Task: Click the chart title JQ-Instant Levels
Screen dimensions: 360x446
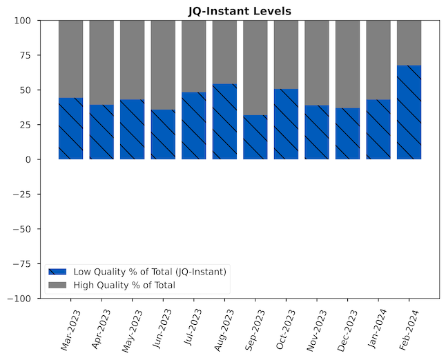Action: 240,11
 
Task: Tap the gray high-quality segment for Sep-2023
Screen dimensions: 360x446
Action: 255,68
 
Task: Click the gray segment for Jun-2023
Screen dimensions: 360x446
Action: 163,65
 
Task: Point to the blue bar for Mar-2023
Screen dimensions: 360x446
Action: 70,128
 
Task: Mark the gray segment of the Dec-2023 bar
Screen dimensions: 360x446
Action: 348,64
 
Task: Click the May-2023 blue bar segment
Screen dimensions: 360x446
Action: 132,130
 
